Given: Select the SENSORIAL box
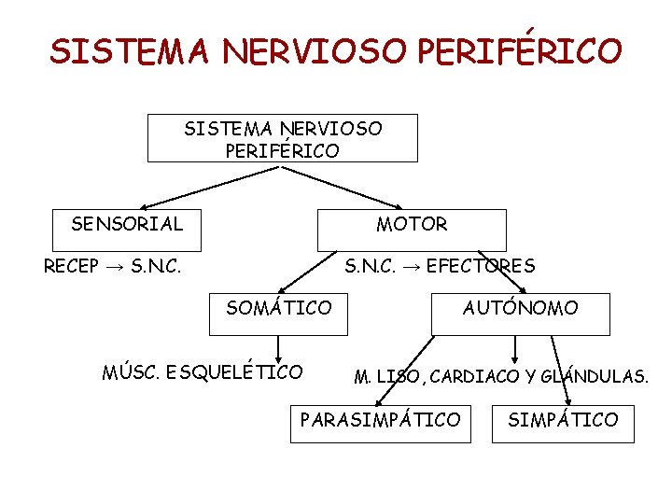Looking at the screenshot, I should coord(128,224).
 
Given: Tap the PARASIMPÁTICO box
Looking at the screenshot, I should coord(380,421).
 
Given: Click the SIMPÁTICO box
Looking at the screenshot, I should coord(563,421).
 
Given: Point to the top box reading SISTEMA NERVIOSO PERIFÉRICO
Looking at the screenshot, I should coord(283,138).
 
